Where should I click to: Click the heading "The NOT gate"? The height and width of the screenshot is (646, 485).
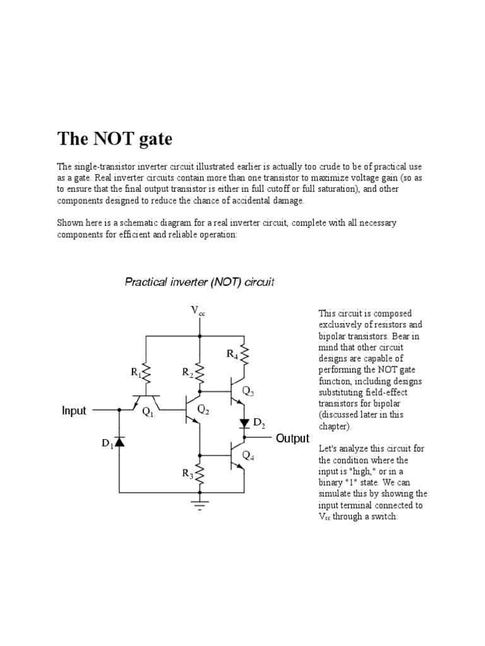(115, 138)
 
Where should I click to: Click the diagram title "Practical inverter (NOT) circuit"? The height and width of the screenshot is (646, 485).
(199, 282)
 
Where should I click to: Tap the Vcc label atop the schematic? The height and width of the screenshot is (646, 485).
(198, 310)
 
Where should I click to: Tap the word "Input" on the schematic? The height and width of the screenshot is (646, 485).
(74, 411)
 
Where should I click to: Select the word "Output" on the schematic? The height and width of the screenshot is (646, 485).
(292, 438)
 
